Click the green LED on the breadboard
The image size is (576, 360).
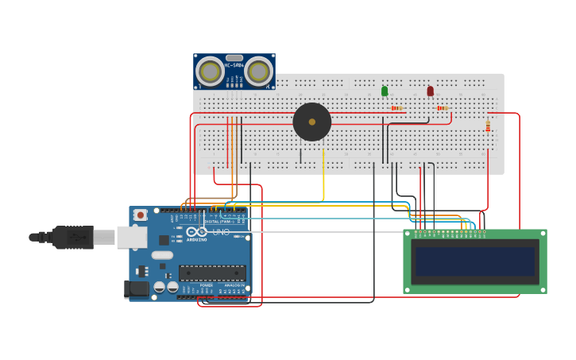pyautogui.click(x=385, y=91)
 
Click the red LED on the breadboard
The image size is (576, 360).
pyautogui.click(x=431, y=91)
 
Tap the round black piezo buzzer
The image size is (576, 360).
pyautogui.click(x=311, y=122)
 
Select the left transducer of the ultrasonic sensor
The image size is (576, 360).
pyautogui.click(x=211, y=72)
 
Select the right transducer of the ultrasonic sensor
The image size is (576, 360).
pyautogui.click(x=258, y=72)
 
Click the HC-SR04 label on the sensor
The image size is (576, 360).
pyautogui.click(x=234, y=65)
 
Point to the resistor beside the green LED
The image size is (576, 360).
pyautogui.click(x=396, y=108)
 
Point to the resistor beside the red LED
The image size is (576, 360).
pyautogui.click(x=443, y=108)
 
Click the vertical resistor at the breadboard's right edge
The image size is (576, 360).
pyautogui.click(x=488, y=126)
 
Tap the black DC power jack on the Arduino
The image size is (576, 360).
pyautogui.click(x=136, y=289)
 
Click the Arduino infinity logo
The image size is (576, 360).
pyautogui.click(x=195, y=232)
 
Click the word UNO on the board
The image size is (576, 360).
pyautogui.click(x=220, y=232)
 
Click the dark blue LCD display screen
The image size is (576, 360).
pyautogui.click(x=474, y=261)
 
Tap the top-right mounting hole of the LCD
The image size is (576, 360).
pyautogui.click(x=542, y=234)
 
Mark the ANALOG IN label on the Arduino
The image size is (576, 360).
pyautogui.click(x=232, y=285)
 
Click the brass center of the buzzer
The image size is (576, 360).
pyautogui.click(x=311, y=122)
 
